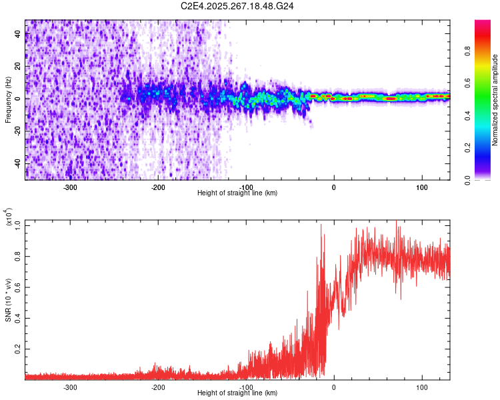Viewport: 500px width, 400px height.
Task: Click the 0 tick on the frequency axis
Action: (x=19, y=99)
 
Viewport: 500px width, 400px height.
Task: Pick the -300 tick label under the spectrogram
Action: (x=71, y=187)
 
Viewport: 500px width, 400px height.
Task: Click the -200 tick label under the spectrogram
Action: (x=158, y=187)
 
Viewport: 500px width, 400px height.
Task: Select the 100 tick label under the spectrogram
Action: (x=422, y=187)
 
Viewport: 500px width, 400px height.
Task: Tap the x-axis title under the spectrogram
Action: (x=237, y=193)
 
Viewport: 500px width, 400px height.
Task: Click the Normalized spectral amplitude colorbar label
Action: (x=495, y=100)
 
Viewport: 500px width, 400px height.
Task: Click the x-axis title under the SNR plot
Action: (x=237, y=393)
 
